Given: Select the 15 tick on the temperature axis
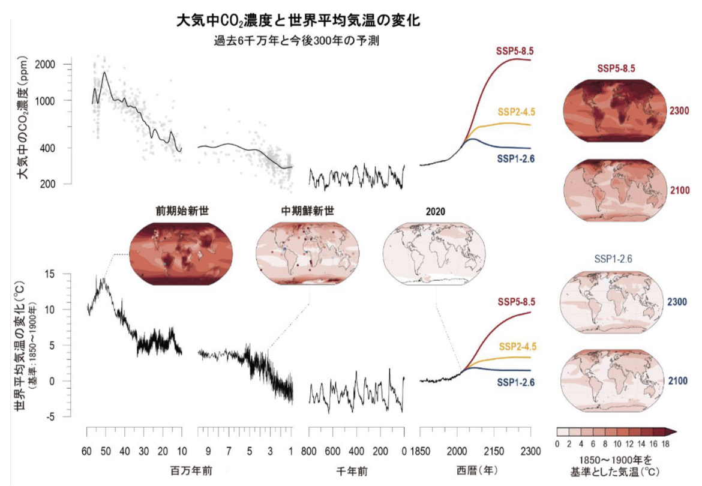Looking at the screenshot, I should (x=66, y=274).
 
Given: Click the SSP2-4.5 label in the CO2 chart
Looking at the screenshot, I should (x=516, y=112).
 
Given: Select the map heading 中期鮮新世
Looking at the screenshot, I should (x=308, y=211).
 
